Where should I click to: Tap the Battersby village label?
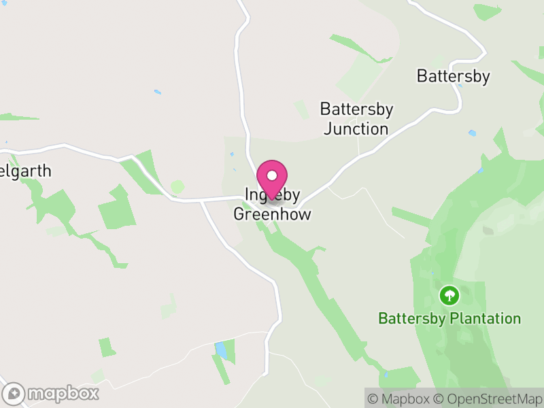[x=453, y=76]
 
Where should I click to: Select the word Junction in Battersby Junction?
[x=356, y=129]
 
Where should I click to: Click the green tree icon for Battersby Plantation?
[x=448, y=295]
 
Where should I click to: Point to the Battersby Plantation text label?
[x=449, y=318]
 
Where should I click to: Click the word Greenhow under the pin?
[x=272, y=214]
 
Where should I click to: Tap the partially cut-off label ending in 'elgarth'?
[x=26, y=171]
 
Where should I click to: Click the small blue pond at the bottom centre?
[x=221, y=350]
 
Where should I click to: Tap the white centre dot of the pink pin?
[x=272, y=175]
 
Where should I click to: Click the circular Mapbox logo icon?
[x=14, y=394]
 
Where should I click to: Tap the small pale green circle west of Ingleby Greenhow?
[x=177, y=186]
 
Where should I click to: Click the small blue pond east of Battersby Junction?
[x=472, y=133]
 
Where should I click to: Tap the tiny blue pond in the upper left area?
[x=158, y=92]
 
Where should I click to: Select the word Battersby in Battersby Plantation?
[x=411, y=318]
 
